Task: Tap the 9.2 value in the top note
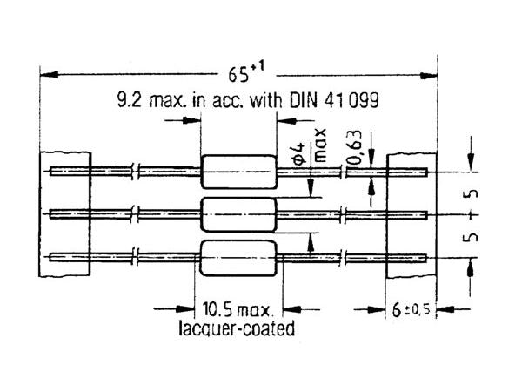(x=127, y=100)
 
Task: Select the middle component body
(x=238, y=213)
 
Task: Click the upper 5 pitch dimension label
(x=475, y=191)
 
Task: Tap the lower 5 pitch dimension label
(x=475, y=235)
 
